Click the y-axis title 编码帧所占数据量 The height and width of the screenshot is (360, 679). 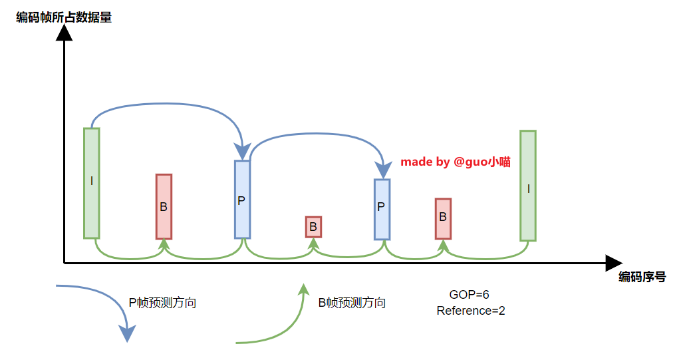point(64,17)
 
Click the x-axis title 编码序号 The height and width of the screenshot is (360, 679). point(642,277)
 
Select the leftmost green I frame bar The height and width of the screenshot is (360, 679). point(92,183)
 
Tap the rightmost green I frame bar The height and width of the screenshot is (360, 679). point(528,185)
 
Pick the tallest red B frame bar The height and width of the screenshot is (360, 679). point(164,206)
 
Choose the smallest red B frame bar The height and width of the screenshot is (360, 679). point(313,226)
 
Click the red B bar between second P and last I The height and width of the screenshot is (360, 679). point(443,218)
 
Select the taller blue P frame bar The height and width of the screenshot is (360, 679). point(242,199)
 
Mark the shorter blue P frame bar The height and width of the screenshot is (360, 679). point(382,209)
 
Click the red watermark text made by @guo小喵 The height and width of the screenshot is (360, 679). point(456,162)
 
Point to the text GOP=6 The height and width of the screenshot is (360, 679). point(470,295)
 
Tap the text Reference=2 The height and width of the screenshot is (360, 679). point(471,310)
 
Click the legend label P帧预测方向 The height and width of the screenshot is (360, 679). point(162,303)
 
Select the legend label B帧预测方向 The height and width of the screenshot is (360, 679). point(352,303)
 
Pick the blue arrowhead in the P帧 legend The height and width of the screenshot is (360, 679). point(126,333)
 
